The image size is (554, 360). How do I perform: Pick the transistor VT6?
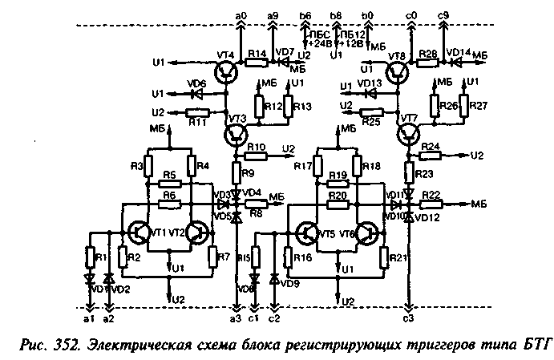[368, 233]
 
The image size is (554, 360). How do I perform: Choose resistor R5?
[168, 183]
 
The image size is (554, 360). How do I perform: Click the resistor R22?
[433, 205]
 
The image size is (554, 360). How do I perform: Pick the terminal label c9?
[443, 14]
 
